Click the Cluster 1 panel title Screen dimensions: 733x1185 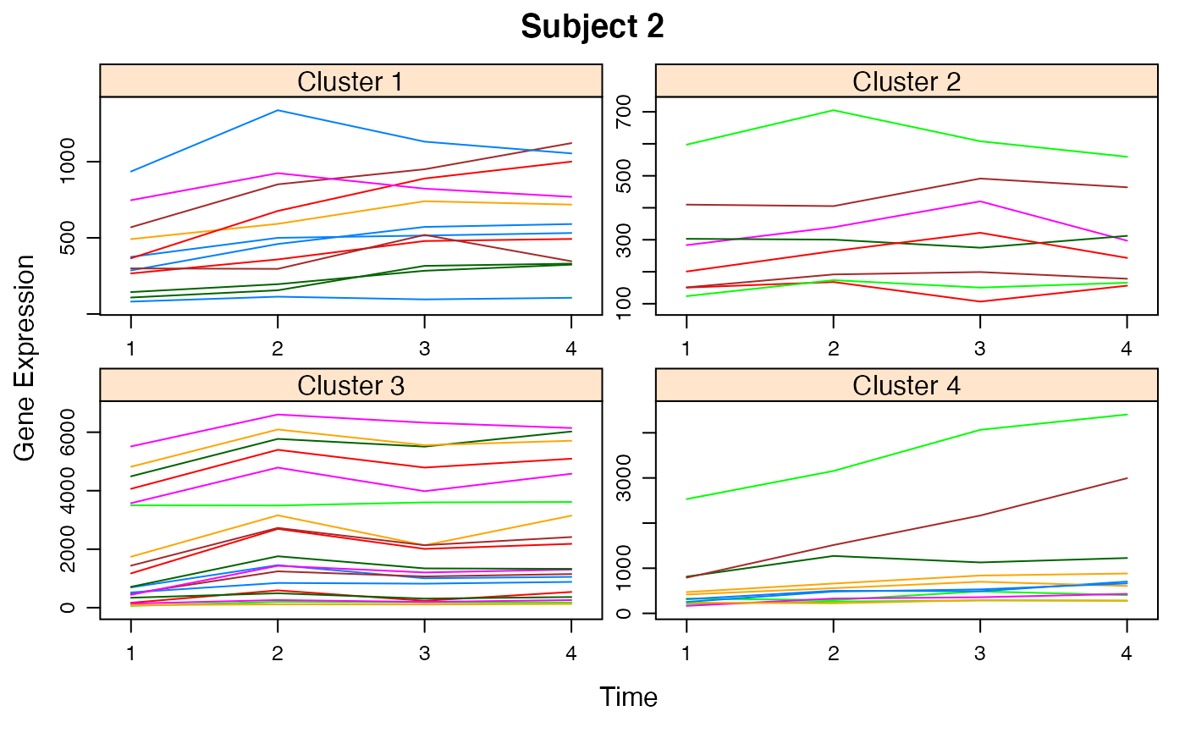[x=350, y=81]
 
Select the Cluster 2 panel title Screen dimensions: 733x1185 [x=906, y=81]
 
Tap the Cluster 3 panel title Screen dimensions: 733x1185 [x=350, y=386]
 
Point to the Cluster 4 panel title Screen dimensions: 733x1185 [x=906, y=386]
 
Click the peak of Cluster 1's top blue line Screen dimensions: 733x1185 [x=278, y=110]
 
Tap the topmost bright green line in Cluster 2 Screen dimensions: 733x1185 [x=835, y=110]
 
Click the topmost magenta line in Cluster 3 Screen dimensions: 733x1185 [x=278, y=415]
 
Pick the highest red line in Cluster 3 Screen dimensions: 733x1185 [x=278, y=449]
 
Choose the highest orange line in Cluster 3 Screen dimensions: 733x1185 [x=278, y=430]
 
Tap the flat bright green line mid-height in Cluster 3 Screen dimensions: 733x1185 [x=355, y=504]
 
